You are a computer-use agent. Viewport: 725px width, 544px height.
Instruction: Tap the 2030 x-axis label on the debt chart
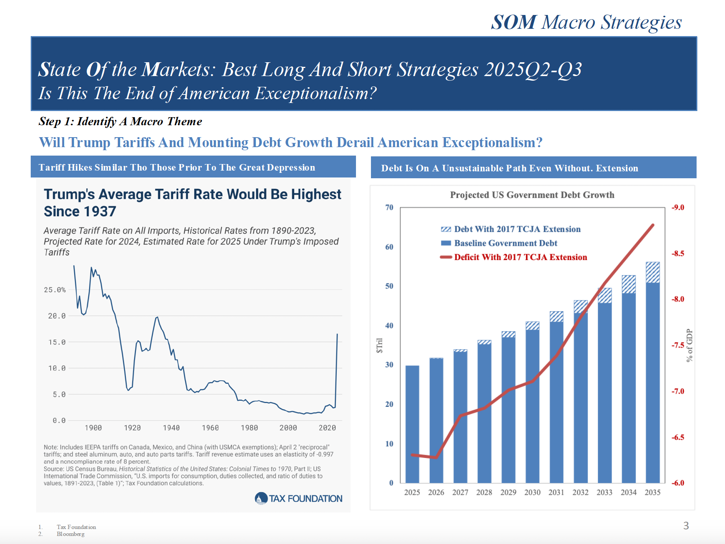click(x=532, y=493)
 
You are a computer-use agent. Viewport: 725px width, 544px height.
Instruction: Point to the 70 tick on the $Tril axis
click(x=389, y=207)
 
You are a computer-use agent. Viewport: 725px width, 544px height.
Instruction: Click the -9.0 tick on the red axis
click(x=678, y=207)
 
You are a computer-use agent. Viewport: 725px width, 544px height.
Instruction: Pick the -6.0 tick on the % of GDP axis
click(x=678, y=483)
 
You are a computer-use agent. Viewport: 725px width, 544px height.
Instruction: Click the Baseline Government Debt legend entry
click(x=505, y=243)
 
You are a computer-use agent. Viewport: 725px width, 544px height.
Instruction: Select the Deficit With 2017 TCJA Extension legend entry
click(x=520, y=257)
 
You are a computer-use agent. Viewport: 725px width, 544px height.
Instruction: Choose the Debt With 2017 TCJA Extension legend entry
click(x=517, y=229)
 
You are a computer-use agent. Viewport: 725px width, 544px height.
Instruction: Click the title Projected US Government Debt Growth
click(x=532, y=195)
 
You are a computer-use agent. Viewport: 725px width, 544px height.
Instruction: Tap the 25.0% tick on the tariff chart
click(x=55, y=290)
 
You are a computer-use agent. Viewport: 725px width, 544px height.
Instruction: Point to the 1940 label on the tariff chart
click(x=171, y=428)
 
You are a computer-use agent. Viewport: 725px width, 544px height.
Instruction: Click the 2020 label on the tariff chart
click(x=327, y=428)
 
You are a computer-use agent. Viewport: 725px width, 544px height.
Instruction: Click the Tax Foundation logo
click(x=298, y=498)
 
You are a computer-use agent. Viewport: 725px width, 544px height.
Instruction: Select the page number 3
click(x=686, y=526)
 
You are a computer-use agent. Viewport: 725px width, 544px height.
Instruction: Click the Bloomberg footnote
click(x=71, y=534)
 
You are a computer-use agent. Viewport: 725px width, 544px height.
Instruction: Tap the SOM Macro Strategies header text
click(x=586, y=22)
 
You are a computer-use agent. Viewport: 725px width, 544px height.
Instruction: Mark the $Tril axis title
click(x=379, y=345)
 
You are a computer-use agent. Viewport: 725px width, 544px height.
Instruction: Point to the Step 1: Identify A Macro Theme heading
click(x=120, y=121)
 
